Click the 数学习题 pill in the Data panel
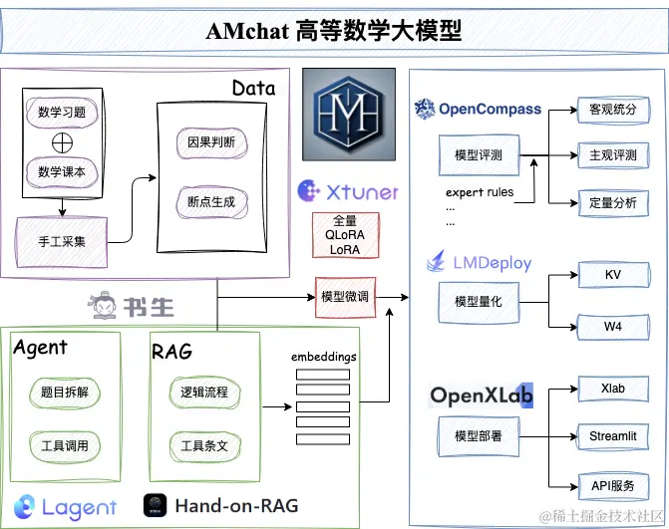click(62, 113)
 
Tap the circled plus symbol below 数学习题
click(62, 142)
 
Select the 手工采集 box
click(62, 242)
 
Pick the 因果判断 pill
click(211, 142)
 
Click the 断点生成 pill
click(211, 202)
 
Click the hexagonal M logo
click(349, 115)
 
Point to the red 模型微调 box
click(345, 297)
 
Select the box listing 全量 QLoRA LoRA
click(345, 235)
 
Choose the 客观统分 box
click(613, 110)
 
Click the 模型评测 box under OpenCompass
click(479, 155)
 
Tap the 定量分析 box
click(613, 203)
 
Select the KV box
click(613, 275)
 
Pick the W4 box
click(613, 327)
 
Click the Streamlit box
click(613, 436)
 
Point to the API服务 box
click(613, 486)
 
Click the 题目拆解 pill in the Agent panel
click(65, 393)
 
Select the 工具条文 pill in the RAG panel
click(204, 446)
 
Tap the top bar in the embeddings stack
click(323, 375)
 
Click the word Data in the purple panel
click(254, 89)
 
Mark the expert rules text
click(480, 192)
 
